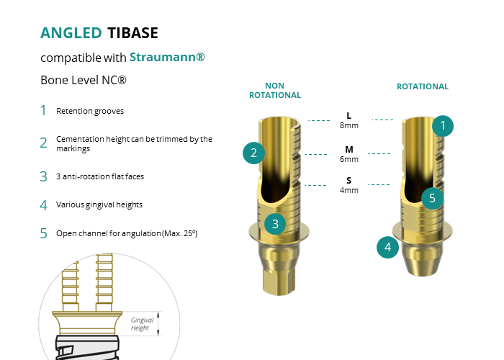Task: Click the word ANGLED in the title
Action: (x=71, y=33)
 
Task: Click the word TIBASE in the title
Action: (x=132, y=33)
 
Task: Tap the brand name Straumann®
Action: (x=167, y=57)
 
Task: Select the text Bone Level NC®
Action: (x=84, y=80)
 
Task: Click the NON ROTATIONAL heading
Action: (x=275, y=90)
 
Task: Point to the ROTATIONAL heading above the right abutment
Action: (x=423, y=86)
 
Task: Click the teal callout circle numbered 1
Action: (x=443, y=126)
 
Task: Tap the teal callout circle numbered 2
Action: (x=254, y=153)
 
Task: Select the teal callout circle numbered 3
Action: (x=275, y=224)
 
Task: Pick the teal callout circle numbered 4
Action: (x=387, y=247)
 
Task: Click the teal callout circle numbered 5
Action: (x=432, y=198)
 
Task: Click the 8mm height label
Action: (x=349, y=125)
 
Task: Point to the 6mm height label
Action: (x=349, y=159)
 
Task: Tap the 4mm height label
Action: (x=349, y=190)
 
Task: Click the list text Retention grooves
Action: (x=90, y=111)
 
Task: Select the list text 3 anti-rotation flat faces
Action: (x=100, y=176)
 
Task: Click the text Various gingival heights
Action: (x=99, y=204)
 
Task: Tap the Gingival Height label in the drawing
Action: (x=142, y=324)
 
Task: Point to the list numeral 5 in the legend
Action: (x=44, y=233)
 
